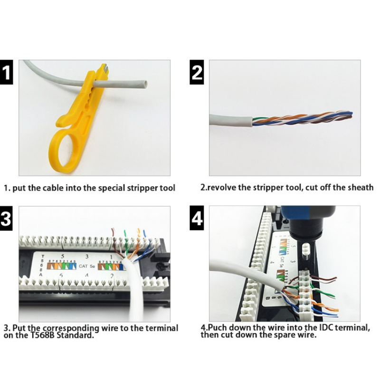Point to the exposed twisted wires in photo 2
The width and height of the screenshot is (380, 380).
pyautogui.click(x=304, y=119)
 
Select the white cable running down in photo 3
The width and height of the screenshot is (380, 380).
pyautogui.click(x=134, y=299)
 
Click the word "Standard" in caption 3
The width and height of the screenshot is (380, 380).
pyautogui.click(x=76, y=335)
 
